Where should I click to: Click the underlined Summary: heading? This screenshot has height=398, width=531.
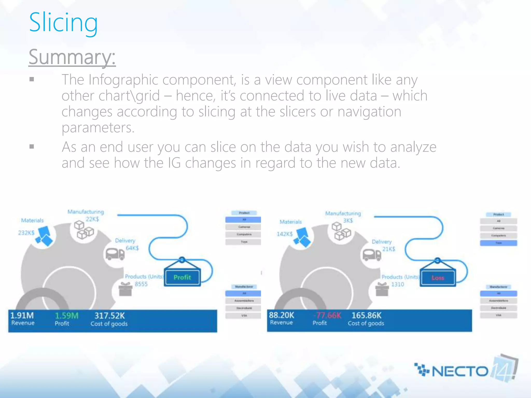[72, 57]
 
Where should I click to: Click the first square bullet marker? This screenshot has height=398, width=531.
[32, 79]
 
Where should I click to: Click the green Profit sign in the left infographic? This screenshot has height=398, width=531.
[182, 278]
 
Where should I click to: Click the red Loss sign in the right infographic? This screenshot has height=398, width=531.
[438, 278]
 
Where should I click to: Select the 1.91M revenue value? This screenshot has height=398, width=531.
[22, 315]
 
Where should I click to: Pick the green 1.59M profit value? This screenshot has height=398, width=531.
[66, 316]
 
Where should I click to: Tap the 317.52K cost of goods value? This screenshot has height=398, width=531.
[109, 316]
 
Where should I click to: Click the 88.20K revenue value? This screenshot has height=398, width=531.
[281, 315]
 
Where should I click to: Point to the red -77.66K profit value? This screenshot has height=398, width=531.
[328, 315]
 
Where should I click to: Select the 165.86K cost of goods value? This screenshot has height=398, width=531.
[366, 315]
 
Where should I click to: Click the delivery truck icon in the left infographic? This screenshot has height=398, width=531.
[115, 254]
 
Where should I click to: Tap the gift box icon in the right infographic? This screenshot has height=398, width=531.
[382, 289]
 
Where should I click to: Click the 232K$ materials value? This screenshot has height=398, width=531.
[26, 233]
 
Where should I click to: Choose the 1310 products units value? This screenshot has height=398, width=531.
[397, 285]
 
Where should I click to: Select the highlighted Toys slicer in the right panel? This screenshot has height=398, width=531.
[498, 243]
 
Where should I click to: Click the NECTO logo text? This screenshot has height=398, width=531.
[460, 371]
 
